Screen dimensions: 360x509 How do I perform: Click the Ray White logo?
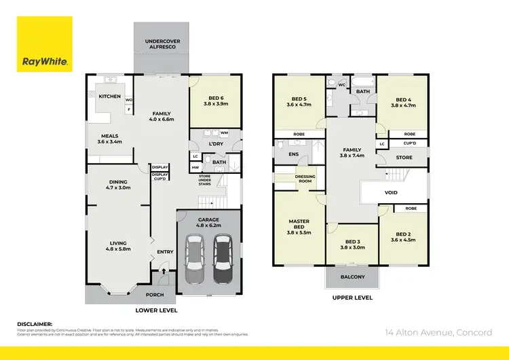[x=45, y=44]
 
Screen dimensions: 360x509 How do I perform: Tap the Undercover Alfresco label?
[x=162, y=45]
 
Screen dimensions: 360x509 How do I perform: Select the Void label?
[x=391, y=192]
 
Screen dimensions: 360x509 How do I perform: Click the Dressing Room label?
[x=305, y=179]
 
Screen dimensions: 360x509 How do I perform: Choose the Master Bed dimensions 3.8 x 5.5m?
[x=299, y=233]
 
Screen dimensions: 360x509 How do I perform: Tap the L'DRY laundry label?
[x=197, y=144]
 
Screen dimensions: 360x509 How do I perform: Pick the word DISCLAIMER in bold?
[x=34, y=325]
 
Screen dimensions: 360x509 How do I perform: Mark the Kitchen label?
[x=110, y=96]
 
